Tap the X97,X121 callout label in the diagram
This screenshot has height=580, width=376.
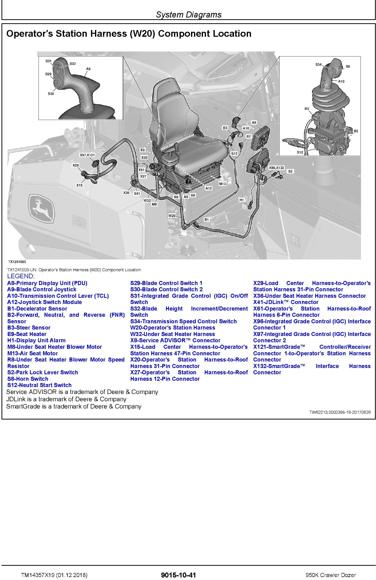87,155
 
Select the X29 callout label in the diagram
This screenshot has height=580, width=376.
75,165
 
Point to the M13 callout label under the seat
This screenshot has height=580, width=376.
222,184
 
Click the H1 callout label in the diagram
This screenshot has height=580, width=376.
241,200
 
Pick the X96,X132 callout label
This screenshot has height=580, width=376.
276,168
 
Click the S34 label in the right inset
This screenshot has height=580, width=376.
318,64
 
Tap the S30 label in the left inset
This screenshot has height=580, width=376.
51,94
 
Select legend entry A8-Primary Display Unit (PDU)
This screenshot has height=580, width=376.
47,283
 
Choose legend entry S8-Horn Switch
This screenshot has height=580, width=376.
28,379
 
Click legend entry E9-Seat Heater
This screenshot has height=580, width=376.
27,334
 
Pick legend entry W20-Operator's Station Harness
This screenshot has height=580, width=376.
172,327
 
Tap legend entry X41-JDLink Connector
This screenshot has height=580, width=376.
285,302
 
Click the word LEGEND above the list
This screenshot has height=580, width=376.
21,276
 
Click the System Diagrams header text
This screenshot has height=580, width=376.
188,14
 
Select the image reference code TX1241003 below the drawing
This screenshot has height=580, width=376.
17,262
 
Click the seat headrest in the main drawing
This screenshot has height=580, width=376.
167,86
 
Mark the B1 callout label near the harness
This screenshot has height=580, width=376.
206,219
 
